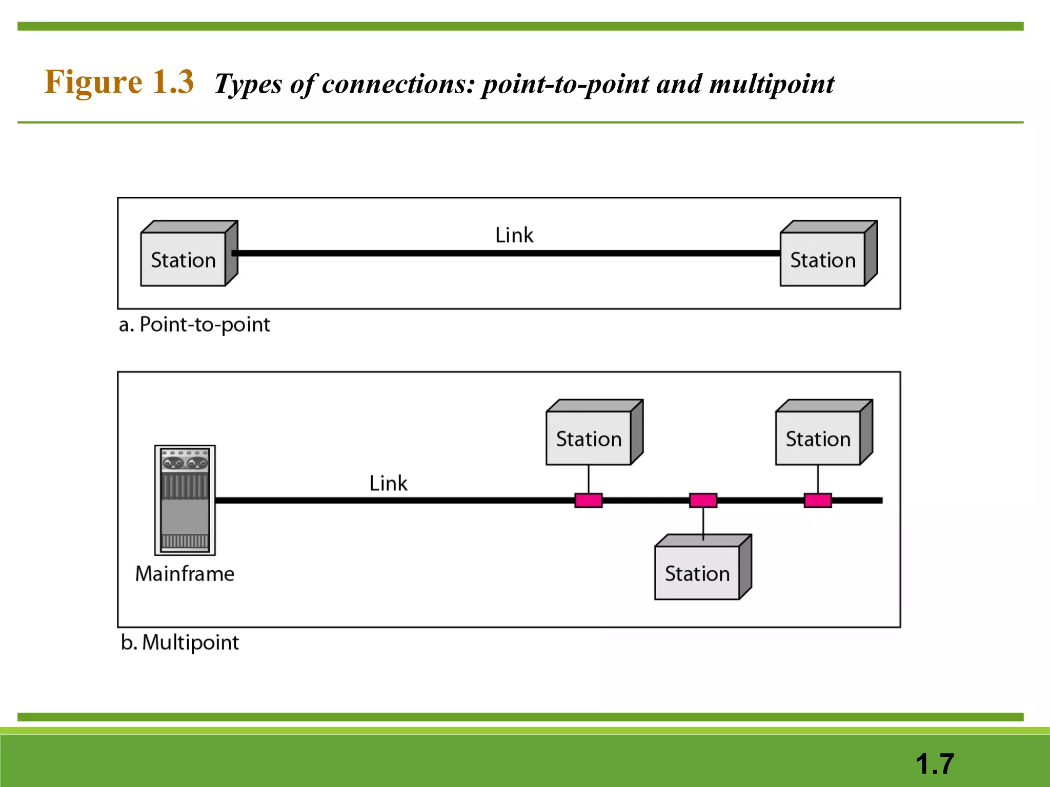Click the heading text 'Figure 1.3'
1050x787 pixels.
[x=119, y=82]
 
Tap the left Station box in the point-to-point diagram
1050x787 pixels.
[x=184, y=259]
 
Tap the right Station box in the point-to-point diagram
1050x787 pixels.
[x=822, y=259]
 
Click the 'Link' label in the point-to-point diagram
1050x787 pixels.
[x=514, y=235]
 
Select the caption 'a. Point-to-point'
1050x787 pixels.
[x=194, y=325]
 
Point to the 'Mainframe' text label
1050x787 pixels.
[x=185, y=574]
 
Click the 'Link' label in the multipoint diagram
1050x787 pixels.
[x=388, y=483]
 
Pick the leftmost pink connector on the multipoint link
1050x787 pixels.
[x=588, y=501]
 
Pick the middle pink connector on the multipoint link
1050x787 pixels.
[x=703, y=501]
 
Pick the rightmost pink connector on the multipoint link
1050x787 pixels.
[x=818, y=501]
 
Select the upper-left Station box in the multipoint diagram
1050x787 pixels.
[x=589, y=439]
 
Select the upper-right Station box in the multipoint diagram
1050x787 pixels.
[x=818, y=439]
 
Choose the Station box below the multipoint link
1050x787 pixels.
[x=697, y=573]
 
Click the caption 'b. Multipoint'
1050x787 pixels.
[x=180, y=643]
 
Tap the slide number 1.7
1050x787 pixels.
[x=934, y=764]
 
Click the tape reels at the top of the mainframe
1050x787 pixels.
[x=185, y=464]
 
